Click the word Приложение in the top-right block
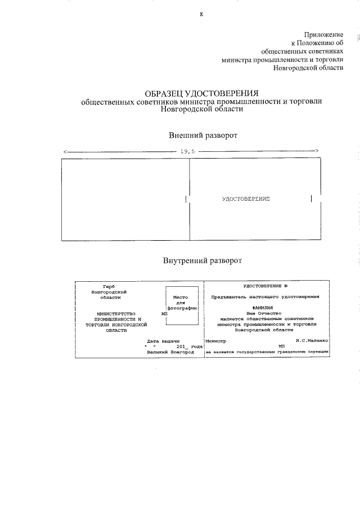(323, 35)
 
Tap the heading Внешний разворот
(202, 136)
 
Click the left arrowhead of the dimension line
(66, 151)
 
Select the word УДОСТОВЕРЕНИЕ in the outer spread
(246, 199)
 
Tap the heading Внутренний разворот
(202, 260)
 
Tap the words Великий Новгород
(169, 352)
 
